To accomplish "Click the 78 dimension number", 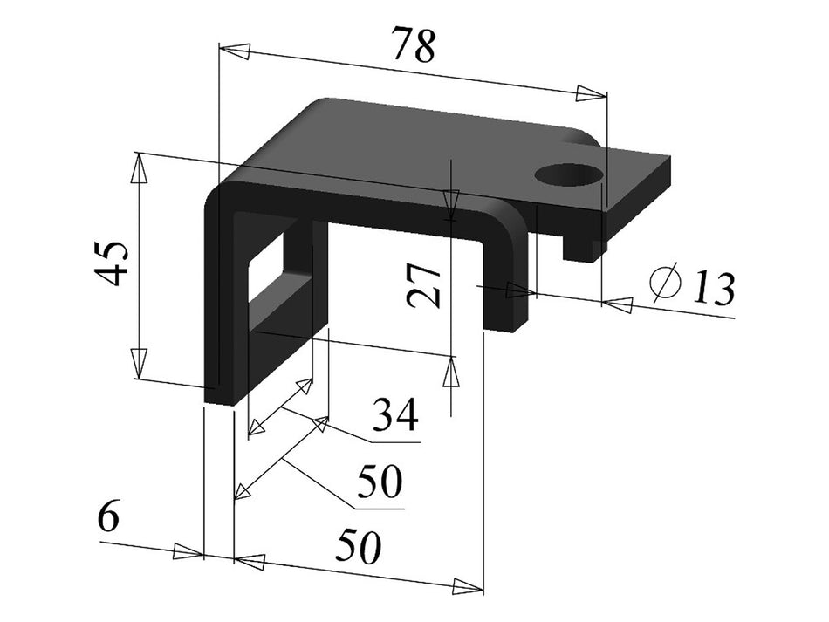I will pos(413,44).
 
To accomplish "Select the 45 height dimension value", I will pos(114,263).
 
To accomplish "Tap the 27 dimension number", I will pos(425,286).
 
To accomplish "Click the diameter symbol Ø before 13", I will pos(667,282).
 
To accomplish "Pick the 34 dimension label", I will pos(394,416).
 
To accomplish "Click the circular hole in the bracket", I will pos(569,174).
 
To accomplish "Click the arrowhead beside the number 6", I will pos(188,551).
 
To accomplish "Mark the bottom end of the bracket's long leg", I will pos(219,396).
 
